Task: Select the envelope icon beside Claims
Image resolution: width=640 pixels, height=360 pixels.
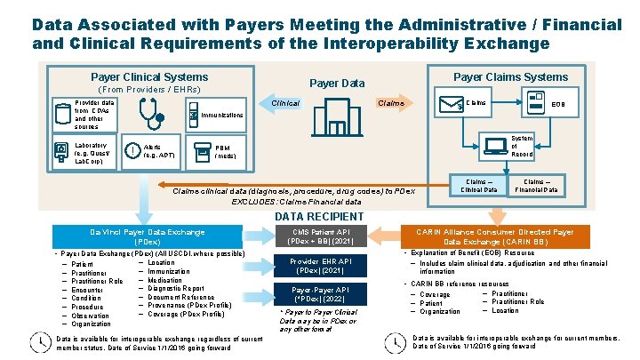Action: tap(451, 106)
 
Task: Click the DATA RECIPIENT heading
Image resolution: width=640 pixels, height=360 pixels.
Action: tap(319, 216)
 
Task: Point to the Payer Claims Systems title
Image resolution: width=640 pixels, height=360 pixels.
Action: tap(510, 77)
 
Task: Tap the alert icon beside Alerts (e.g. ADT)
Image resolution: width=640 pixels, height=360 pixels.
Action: tap(131, 150)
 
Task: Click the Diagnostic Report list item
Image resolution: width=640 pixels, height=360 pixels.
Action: tap(179, 288)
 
